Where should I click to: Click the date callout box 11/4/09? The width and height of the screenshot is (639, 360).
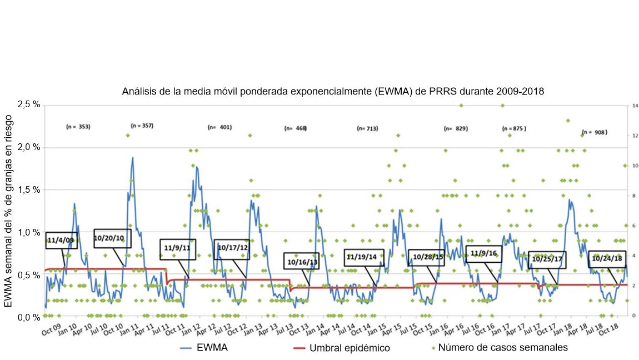coord(62,241)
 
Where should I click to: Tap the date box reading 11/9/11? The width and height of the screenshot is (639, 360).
coord(178,248)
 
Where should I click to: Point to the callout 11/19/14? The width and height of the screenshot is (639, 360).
coord(362,257)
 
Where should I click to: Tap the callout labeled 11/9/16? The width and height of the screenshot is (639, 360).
coord(483,254)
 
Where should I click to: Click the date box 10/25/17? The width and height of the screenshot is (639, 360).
coord(547,259)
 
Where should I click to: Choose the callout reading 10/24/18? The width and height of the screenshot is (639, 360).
coord(607,259)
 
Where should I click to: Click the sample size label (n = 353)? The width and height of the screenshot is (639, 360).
coord(78,127)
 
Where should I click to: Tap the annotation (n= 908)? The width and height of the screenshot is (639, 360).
coord(595,133)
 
